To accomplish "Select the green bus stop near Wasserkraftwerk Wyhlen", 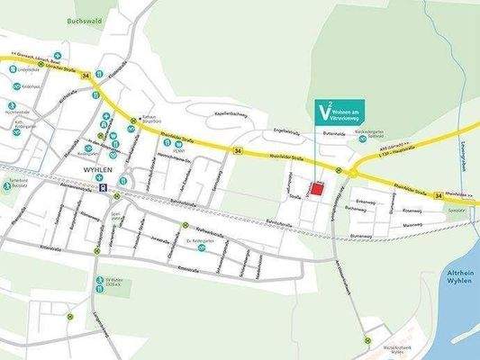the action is coord(367,339).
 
